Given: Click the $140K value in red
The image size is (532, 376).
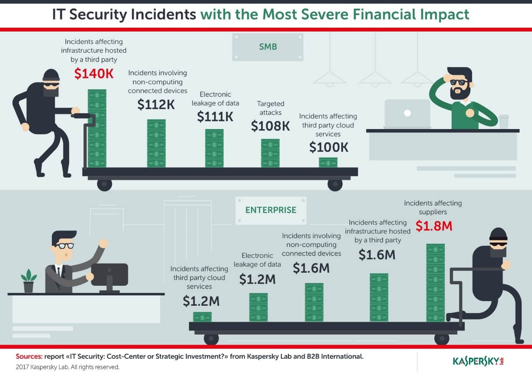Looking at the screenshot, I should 94,73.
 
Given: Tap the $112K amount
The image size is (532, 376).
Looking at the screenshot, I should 156,104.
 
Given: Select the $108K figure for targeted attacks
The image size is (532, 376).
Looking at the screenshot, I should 270,126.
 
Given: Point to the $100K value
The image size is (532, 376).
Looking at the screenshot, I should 329,147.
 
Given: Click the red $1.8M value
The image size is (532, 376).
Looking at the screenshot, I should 434,226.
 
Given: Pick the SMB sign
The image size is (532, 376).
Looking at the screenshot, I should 268,47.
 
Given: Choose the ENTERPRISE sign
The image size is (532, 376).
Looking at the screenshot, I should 271,210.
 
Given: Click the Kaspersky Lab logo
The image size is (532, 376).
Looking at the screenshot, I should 478,361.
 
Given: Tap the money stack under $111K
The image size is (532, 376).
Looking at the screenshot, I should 214,148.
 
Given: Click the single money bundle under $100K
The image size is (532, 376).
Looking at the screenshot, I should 328,163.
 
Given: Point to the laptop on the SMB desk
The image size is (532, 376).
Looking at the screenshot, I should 407,113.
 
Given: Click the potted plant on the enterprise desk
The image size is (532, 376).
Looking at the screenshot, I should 28,281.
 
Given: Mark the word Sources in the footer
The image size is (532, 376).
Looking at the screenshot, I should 29,356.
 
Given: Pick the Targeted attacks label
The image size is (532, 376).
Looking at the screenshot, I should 270,108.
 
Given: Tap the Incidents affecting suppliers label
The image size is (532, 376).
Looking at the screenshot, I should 433,207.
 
